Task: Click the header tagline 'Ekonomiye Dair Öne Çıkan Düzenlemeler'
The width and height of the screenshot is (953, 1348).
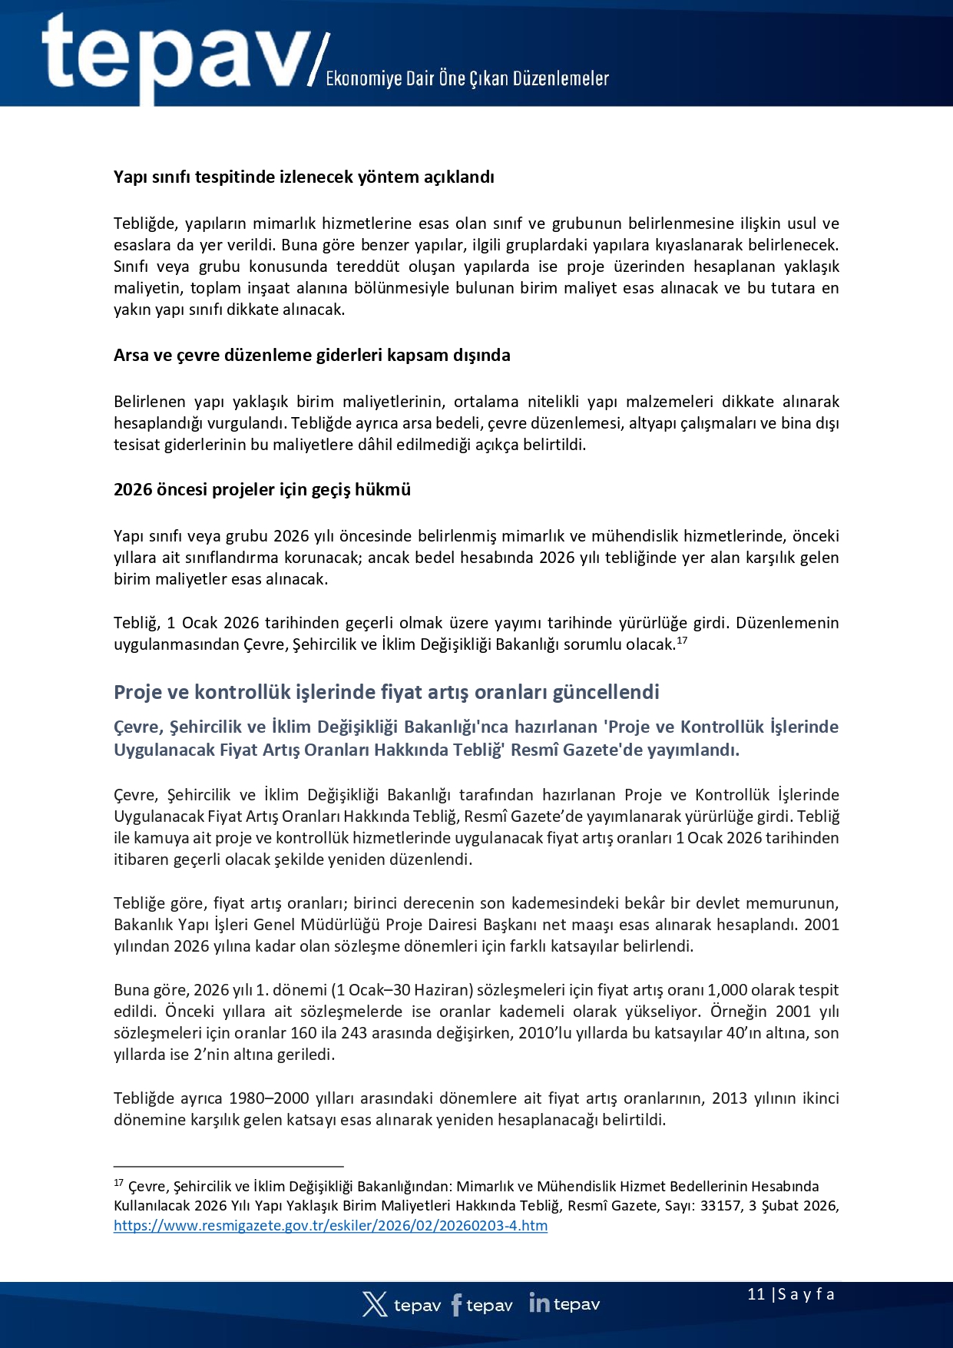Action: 467,78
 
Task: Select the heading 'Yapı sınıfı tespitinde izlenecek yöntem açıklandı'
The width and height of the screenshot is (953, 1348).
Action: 303,177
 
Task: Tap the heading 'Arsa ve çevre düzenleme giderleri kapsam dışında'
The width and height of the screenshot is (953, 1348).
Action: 312,355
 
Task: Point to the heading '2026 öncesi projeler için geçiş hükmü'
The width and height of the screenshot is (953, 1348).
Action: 262,489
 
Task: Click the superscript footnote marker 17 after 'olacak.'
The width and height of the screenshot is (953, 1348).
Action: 682,640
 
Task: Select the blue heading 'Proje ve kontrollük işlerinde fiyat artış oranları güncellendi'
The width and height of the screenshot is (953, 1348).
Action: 386,692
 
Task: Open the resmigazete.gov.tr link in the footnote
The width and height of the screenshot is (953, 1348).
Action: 330,1226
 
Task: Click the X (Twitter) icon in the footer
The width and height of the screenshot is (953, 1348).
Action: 375,1304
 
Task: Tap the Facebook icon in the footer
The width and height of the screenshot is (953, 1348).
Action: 457,1304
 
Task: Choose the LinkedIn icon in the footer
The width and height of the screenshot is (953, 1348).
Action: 539,1303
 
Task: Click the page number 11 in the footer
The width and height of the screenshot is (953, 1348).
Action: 756,1294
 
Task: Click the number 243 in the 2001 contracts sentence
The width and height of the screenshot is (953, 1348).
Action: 354,1033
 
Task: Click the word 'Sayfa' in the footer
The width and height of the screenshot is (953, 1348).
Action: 806,1294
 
